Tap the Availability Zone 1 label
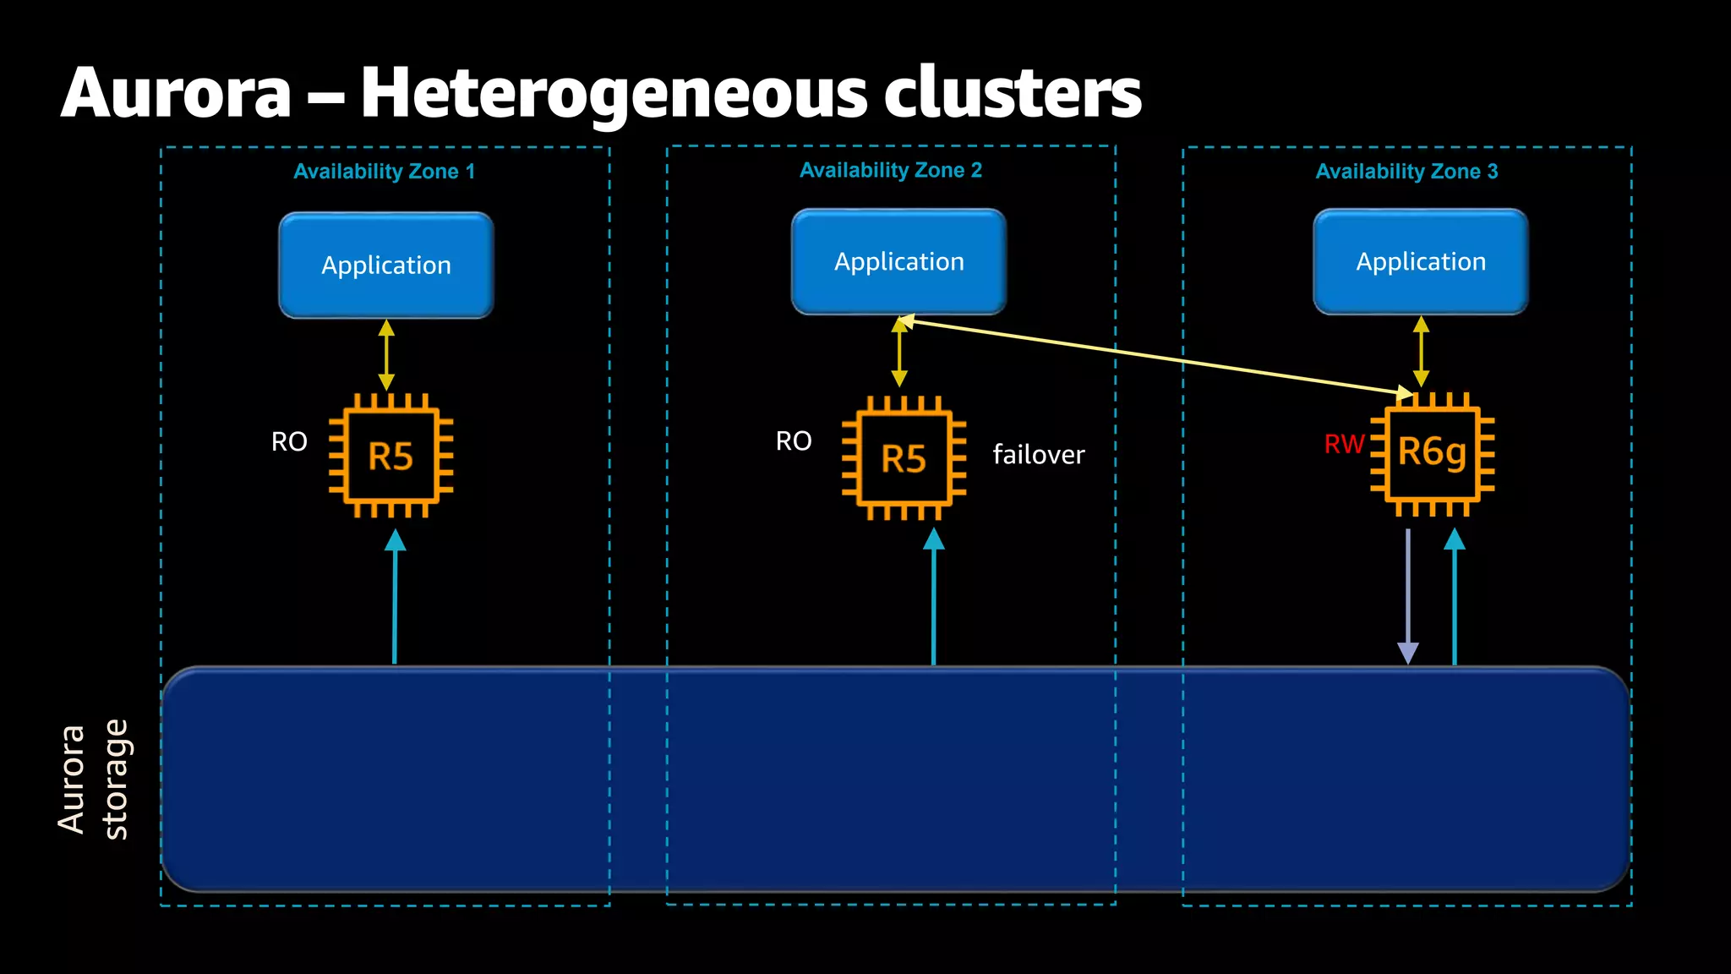[384, 172]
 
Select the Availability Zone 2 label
[890, 171]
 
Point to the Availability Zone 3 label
[1406, 172]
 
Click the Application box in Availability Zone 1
[386, 265]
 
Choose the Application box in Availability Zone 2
[898, 262]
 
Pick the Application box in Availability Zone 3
[1421, 262]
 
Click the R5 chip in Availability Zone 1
[390, 457]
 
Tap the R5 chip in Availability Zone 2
[904, 459]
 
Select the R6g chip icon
[1432, 453]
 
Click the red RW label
[1344, 444]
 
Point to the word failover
[1038, 455]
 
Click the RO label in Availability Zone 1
[289, 441]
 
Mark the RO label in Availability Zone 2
[794, 440]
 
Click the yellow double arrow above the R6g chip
[1421, 352]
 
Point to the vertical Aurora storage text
[93, 780]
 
